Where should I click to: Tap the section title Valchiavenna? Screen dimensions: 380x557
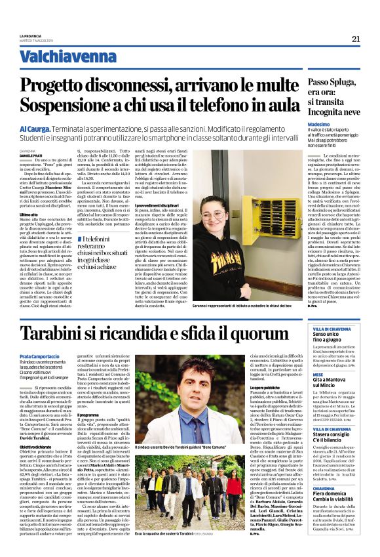tap(55, 56)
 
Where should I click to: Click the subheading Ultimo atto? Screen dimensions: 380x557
tap(29, 214)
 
